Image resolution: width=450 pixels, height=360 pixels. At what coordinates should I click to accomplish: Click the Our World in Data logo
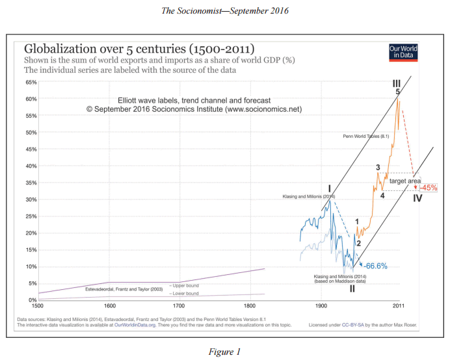tap(403, 52)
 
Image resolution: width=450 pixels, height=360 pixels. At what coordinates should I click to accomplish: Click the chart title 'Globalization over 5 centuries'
tap(139, 49)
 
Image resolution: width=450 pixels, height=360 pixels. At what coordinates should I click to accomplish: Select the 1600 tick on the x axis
tap(109, 305)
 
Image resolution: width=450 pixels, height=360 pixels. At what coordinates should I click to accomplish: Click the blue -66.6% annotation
tap(376, 266)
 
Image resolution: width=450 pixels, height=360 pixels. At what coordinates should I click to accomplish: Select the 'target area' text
tap(405, 180)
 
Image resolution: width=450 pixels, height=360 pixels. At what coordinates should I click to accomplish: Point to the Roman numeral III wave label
tap(397, 84)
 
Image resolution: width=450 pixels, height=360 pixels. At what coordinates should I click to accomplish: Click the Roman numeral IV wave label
tap(417, 198)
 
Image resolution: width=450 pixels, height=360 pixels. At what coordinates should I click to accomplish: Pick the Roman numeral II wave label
tap(352, 289)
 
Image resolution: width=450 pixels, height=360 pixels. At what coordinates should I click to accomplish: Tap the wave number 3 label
tap(378, 168)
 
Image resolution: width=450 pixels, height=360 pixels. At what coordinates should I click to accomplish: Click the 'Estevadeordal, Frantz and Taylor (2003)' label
tap(124, 288)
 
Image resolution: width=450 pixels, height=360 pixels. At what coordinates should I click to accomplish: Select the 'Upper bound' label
tap(185, 285)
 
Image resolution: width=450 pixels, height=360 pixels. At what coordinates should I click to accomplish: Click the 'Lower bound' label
tap(185, 293)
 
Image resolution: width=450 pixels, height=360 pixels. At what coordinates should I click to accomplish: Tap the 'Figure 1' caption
tap(224, 352)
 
